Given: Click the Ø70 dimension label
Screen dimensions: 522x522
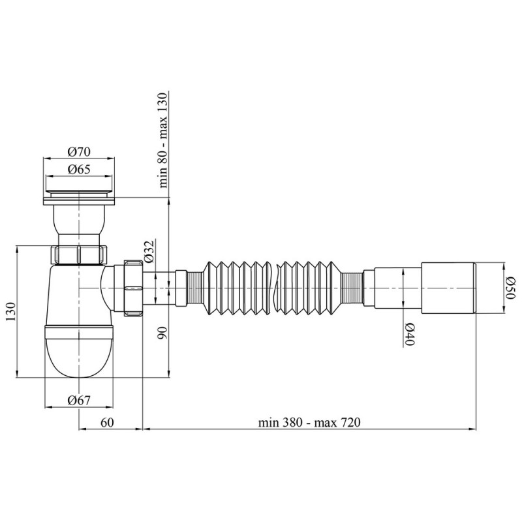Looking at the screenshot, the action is tap(79, 152).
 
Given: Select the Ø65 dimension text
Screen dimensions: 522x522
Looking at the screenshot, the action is tap(79, 170).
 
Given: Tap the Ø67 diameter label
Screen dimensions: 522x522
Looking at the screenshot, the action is tap(79, 400).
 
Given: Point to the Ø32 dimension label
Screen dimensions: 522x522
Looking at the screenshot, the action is tap(150, 252).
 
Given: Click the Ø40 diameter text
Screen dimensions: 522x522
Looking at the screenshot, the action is tap(409, 334).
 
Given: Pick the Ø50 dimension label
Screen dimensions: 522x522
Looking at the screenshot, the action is tap(511, 288).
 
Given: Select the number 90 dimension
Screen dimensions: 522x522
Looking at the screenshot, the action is tap(162, 333).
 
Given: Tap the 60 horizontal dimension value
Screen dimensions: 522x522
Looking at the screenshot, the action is tap(107, 422).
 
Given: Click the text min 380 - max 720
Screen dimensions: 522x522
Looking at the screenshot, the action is tap(309, 422).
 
